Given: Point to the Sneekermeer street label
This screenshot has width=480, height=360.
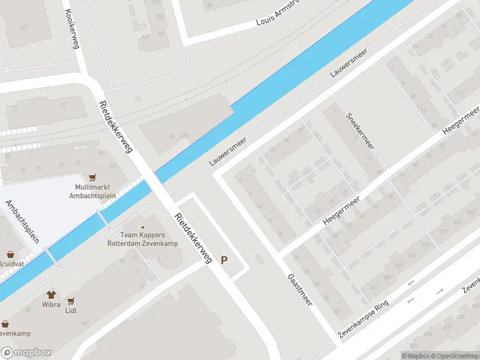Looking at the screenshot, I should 360,130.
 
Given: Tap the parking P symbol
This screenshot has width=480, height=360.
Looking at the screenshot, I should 224,260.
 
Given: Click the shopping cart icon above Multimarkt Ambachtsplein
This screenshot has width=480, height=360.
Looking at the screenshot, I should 92,178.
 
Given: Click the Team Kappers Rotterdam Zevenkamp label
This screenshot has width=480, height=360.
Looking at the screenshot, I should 142,239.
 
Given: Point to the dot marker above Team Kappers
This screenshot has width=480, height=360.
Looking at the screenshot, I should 142,227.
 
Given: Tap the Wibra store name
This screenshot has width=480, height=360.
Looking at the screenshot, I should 52,305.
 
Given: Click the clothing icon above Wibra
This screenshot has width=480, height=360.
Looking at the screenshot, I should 52,295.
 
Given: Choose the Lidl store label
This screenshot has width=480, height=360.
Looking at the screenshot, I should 72,310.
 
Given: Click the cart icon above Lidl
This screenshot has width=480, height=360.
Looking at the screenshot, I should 72,301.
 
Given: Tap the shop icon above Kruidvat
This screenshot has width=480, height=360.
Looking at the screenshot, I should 10,254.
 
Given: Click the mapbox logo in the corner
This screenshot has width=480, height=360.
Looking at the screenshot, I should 26,353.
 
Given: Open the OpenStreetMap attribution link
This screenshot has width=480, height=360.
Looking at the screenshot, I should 454,356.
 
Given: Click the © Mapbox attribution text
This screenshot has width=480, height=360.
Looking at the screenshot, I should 415,356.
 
